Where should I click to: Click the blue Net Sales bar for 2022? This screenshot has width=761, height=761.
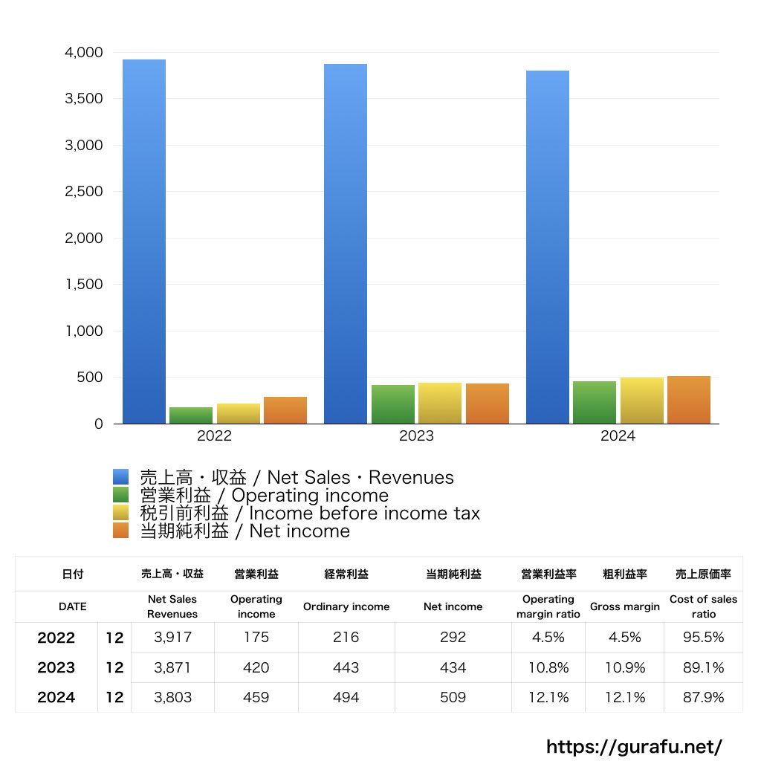tap(144, 242)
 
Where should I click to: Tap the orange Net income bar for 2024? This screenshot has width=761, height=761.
tap(688, 400)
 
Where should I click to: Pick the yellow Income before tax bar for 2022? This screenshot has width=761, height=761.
tap(239, 413)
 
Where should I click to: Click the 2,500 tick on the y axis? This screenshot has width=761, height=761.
tap(83, 192)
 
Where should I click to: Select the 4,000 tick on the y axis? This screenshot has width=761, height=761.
tap(83, 53)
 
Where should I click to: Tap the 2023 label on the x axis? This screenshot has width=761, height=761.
tap(416, 436)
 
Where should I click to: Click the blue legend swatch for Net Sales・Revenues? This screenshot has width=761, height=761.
tap(121, 477)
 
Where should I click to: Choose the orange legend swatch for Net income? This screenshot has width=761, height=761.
tap(121, 531)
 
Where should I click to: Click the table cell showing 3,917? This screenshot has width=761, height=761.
tap(172, 638)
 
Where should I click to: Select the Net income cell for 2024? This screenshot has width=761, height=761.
tap(453, 697)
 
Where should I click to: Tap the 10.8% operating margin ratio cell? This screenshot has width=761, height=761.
tap(548, 667)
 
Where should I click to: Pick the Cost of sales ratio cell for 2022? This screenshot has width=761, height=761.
tap(703, 638)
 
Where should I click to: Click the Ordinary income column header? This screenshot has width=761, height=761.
tap(346, 606)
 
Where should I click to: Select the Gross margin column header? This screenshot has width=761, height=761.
tap(624, 606)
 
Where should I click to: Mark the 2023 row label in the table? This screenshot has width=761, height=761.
tap(56, 667)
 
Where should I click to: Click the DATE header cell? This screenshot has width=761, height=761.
tap(73, 606)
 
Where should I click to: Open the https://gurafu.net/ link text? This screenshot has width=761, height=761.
tap(634, 746)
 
